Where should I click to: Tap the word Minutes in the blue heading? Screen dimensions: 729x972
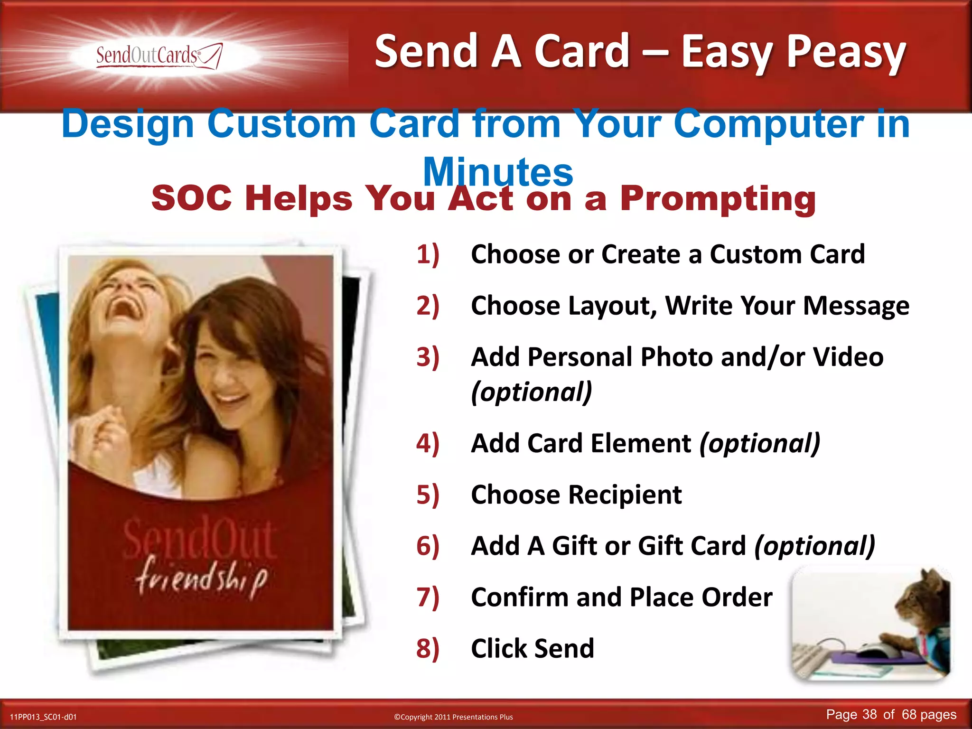tap(498, 172)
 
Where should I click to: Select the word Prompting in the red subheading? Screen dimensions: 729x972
tap(718, 198)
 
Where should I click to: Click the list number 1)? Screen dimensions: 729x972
tap(428, 254)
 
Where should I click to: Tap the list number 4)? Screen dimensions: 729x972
tap(428, 443)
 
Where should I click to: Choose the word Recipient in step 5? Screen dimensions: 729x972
tap(624, 495)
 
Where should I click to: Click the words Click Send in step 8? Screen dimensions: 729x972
tap(533, 648)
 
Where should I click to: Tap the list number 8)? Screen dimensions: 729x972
tap(428, 648)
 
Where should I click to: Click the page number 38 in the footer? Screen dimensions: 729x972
tap(869, 715)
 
